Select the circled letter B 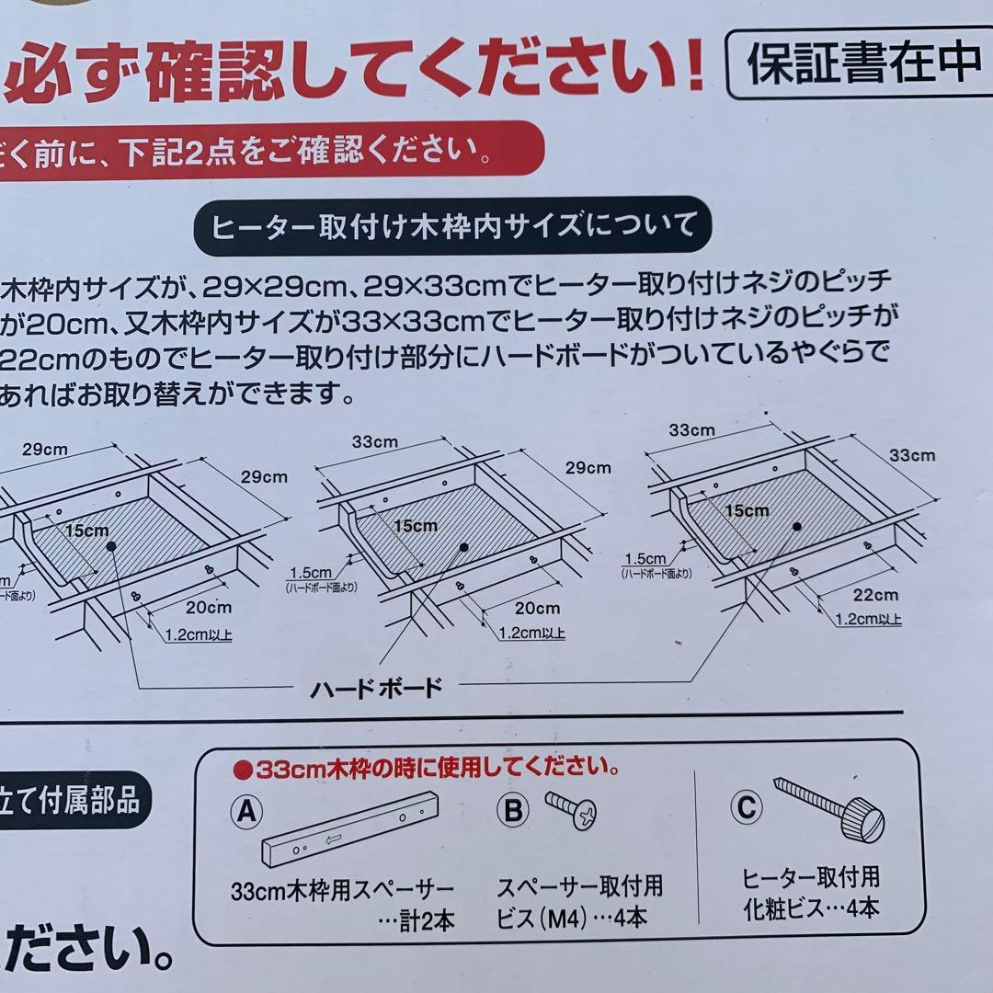tap(512, 809)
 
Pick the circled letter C tap(747, 807)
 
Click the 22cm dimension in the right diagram tap(875, 595)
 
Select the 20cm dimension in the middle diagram tap(537, 608)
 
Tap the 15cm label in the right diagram tap(746, 510)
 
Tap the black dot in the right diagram tap(796, 527)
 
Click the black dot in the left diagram tap(110, 547)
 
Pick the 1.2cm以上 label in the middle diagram tap(531, 633)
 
